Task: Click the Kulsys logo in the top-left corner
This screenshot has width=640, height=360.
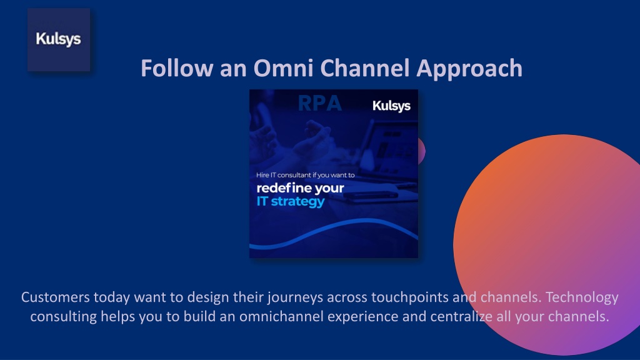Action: point(59,39)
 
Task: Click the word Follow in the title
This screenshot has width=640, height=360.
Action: point(177,67)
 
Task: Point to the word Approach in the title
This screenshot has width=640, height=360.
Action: point(469,69)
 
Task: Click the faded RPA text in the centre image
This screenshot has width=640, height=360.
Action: point(319,103)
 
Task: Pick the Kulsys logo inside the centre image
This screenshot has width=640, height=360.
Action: point(391,106)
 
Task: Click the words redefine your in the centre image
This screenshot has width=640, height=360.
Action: point(300,188)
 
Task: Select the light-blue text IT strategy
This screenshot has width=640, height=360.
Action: point(291,201)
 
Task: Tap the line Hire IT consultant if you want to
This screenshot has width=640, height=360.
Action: point(305,175)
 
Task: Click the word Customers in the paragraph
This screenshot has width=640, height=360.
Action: point(55,297)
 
